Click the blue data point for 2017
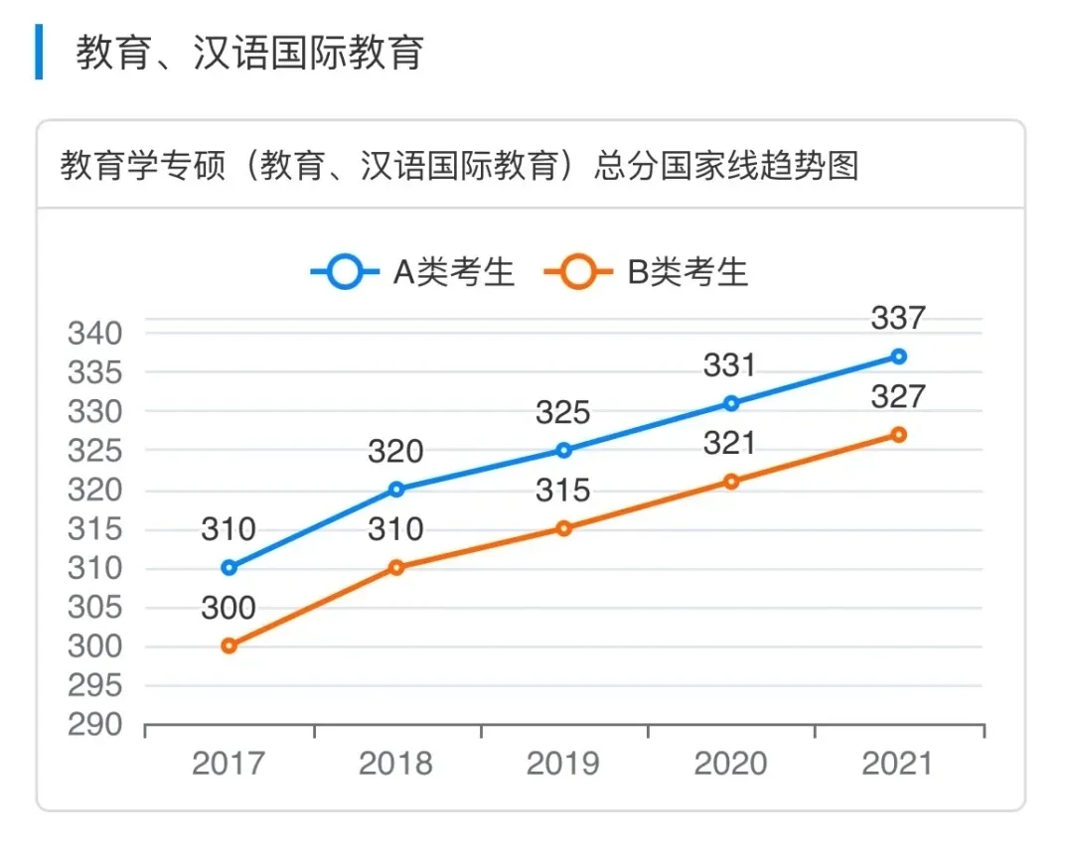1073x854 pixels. pos(230,568)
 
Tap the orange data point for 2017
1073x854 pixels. pos(230,645)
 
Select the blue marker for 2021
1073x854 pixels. pos(898,356)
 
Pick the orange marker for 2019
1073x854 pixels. pos(563,528)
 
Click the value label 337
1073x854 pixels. pos(898,319)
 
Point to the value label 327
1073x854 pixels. pos(898,397)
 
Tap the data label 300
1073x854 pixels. pos(229,608)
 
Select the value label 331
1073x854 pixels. pos(730,365)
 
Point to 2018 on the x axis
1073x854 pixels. pos(395,764)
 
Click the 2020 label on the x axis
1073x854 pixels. pos(730,764)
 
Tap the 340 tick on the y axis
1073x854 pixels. pos(94,333)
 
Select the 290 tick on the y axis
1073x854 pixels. pos(94,725)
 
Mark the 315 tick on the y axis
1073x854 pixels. pos(94,529)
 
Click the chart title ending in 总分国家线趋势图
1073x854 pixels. pos(459,166)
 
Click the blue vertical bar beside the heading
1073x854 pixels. pos(39,53)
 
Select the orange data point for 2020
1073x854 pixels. pos(731,482)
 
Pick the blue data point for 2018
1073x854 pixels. pos(396,489)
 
